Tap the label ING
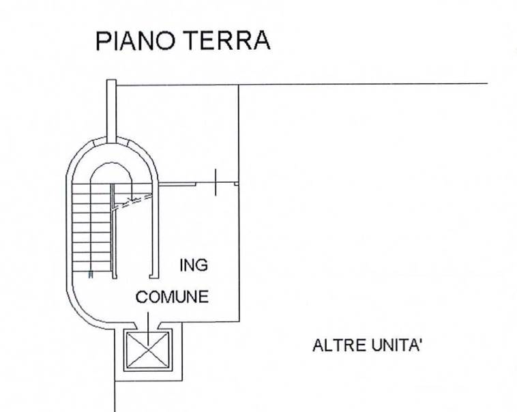click(193, 265)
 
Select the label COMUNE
click(172, 297)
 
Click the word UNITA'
click(398, 345)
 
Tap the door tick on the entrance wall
click(216, 182)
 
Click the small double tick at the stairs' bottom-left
click(91, 276)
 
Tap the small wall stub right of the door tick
click(236, 183)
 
